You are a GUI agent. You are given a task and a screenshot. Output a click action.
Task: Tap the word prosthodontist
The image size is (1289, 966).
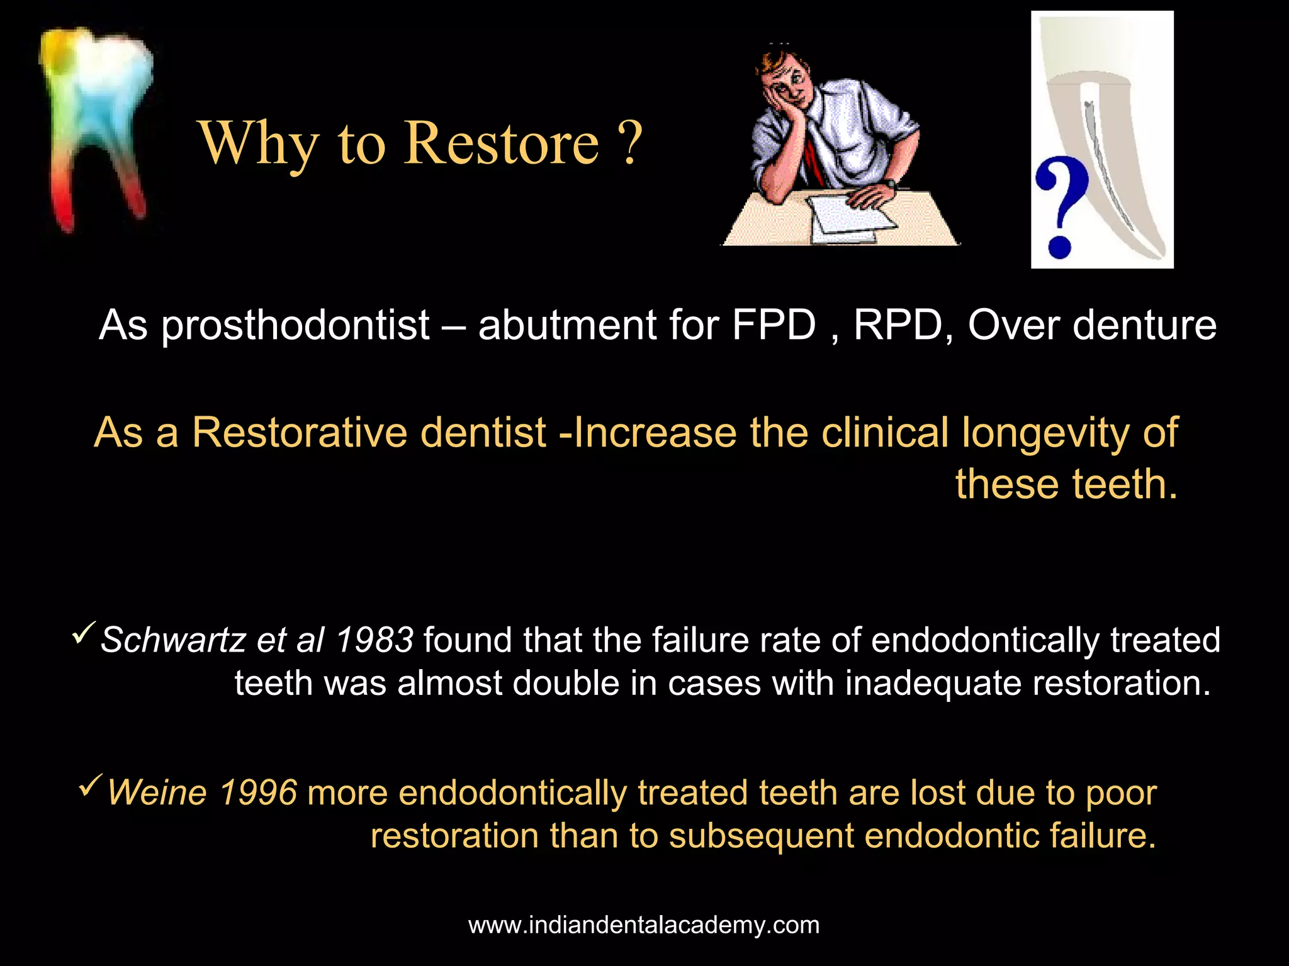point(295,325)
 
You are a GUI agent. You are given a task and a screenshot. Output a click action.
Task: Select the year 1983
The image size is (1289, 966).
point(374,640)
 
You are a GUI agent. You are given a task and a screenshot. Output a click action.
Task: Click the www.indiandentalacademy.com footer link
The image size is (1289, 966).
point(644,925)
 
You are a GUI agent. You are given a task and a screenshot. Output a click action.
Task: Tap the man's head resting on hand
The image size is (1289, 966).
point(784,82)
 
